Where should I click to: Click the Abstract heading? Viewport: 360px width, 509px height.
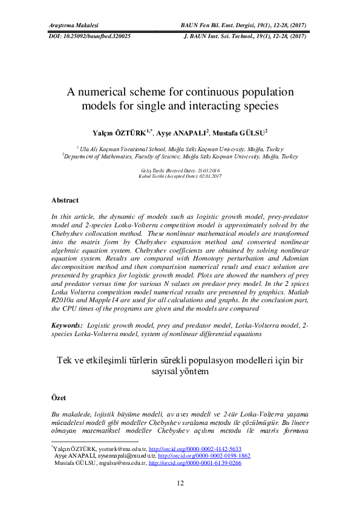point(65,200)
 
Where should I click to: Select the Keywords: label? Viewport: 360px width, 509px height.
point(67,325)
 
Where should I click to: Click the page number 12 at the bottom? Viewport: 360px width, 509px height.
point(180,482)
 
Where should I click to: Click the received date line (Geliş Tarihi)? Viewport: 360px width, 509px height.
point(180,171)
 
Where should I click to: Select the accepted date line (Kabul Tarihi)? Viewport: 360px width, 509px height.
point(180,176)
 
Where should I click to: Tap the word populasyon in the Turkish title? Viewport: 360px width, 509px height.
point(204,360)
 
